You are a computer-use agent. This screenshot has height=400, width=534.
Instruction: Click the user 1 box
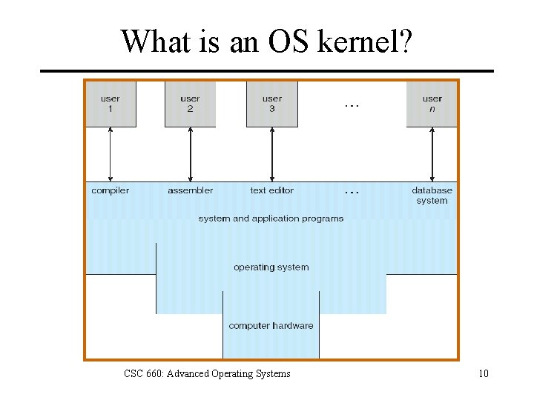(111, 104)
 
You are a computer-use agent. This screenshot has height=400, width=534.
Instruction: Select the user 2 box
(190, 104)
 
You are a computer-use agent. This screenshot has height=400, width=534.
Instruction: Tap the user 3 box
(272, 104)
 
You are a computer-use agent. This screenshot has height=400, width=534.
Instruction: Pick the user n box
(432, 104)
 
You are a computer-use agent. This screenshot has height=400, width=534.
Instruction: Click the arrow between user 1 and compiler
(111, 154)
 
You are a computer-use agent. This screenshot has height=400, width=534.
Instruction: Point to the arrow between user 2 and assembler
(191, 154)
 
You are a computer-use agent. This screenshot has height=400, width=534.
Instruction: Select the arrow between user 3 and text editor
(272, 154)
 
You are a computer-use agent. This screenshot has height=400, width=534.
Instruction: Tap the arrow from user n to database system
(432, 154)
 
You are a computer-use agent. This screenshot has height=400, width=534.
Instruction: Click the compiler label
(111, 190)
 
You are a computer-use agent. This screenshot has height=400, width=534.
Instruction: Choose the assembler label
(190, 190)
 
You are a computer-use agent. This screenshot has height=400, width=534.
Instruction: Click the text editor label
(272, 190)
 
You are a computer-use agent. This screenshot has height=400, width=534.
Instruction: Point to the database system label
(432, 196)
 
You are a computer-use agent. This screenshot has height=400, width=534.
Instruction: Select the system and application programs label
(271, 219)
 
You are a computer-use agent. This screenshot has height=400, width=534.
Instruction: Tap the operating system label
(271, 267)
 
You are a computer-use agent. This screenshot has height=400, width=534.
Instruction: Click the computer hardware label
(271, 326)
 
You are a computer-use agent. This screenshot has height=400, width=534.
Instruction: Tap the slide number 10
(484, 373)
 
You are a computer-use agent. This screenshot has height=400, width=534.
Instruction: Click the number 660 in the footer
(154, 373)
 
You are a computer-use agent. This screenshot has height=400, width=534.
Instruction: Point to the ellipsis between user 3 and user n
(352, 105)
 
